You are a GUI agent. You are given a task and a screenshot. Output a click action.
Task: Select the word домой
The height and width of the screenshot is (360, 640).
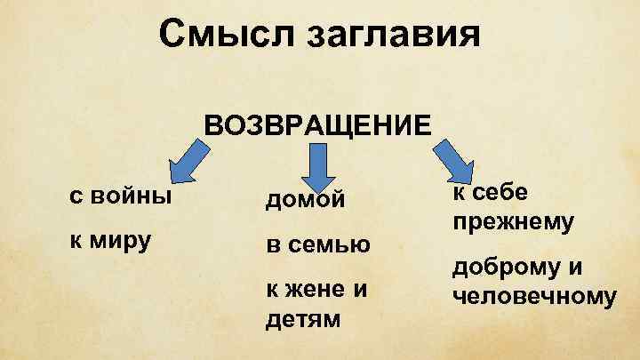(x=305, y=201)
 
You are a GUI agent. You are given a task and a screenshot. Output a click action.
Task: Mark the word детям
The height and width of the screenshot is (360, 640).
(x=303, y=317)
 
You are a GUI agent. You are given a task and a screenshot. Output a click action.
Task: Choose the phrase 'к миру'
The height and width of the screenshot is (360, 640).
(x=108, y=239)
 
